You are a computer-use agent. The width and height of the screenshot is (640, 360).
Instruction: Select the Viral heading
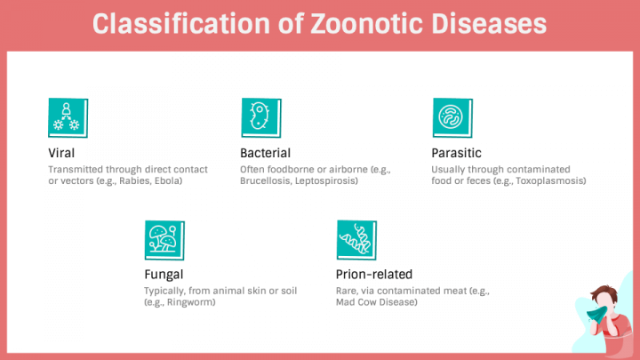click(61, 153)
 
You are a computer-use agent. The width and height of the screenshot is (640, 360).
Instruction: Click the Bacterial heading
click(265, 153)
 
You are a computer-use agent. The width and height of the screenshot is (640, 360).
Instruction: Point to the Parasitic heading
click(456, 153)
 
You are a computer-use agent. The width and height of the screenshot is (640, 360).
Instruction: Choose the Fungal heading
click(164, 274)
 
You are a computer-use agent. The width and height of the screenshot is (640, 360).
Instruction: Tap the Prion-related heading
click(374, 274)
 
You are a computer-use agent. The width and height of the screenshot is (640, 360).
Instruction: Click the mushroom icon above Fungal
click(164, 239)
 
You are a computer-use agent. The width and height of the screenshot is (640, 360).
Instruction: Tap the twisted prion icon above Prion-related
click(356, 239)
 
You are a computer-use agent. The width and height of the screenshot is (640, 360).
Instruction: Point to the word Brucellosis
click(266, 181)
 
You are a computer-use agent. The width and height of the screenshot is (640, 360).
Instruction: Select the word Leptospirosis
click(326, 181)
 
